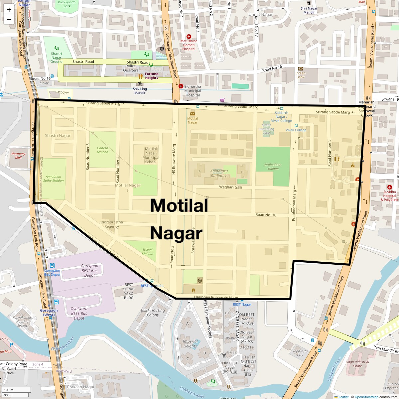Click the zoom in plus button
pos(9,9)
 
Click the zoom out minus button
pos(9,19)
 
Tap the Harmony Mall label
pos(18,156)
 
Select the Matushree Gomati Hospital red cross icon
pos(189,36)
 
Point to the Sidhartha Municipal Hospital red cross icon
pos(181,86)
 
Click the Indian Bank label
pos(300,75)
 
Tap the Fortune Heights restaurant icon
pos(140,76)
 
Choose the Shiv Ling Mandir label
pos(140,91)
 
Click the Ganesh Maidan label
pos(102,150)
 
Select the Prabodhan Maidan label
pos(273,167)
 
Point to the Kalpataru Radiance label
pos(219,174)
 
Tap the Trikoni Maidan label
pos(148,252)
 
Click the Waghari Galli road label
pos(230,187)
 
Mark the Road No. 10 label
pos(266,215)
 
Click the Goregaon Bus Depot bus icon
pos(52,266)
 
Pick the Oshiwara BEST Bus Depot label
pos(79,314)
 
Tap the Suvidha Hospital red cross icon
pos(390,187)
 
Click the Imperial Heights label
pos(190,344)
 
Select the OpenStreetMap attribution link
pos(366,397)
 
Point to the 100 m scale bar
pos(17,390)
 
